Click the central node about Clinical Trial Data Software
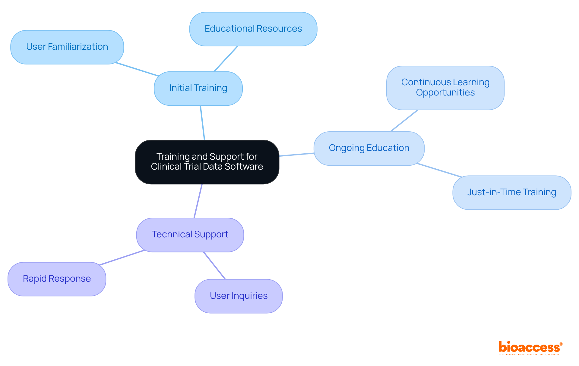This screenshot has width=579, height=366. tap(207, 162)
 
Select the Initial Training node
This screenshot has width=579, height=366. tap(198, 88)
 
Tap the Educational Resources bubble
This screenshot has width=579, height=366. tap(253, 29)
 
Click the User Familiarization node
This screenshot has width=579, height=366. tap(67, 47)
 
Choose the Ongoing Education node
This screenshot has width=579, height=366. tap(369, 148)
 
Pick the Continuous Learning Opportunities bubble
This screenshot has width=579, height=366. tap(445, 88)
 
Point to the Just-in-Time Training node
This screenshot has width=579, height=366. tap(511, 192)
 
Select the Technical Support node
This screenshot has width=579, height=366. tap(190, 235)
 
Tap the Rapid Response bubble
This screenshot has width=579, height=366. tap(57, 279)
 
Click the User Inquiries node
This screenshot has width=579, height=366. tap(239, 296)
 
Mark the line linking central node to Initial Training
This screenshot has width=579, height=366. tap(202, 123)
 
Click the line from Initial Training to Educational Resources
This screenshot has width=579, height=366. tap(226, 59)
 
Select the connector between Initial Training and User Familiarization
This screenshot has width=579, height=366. tap(137, 69)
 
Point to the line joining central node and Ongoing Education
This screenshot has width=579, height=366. tap(296, 155)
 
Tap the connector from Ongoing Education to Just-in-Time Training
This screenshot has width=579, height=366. tap(439, 170)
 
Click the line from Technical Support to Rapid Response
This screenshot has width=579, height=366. tap(122, 258)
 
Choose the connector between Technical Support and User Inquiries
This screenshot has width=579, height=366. tap(214, 265)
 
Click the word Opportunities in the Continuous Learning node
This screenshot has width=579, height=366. tap(445, 92)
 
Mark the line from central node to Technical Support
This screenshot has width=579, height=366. tap(198, 201)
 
